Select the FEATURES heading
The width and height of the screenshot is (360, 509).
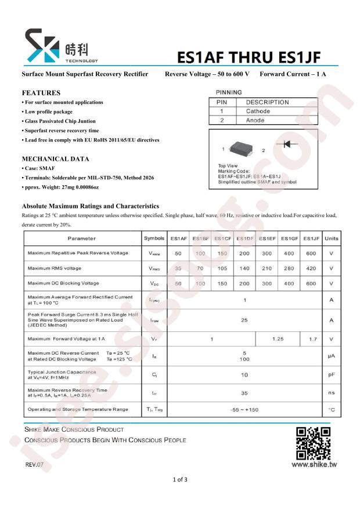tap(41, 93)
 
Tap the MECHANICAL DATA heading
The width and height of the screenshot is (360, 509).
tap(55, 158)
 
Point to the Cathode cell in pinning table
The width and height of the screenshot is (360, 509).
tap(258, 111)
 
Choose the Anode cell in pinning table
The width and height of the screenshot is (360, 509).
tap(255, 120)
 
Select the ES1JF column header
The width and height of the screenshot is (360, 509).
tap(311, 239)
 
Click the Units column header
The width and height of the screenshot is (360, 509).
tap(332, 239)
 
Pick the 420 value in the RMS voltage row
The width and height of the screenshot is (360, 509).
tap(311, 268)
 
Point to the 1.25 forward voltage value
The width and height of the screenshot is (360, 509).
tap(278, 338)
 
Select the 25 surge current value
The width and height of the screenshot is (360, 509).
tap(244, 320)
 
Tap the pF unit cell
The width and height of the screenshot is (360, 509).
tap(332, 375)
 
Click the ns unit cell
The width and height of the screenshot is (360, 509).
tap(332, 392)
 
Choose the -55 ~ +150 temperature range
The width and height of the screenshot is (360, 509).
tap(244, 410)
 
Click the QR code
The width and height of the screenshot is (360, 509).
tap(313, 443)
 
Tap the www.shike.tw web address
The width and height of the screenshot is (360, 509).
tap(314, 464)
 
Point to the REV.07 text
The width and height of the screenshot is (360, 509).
tap(34, 465)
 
